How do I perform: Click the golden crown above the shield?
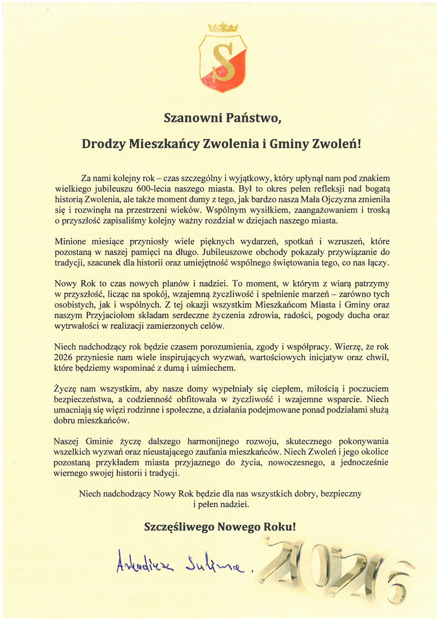coord(223,28)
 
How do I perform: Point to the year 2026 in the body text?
coord(63,357)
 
